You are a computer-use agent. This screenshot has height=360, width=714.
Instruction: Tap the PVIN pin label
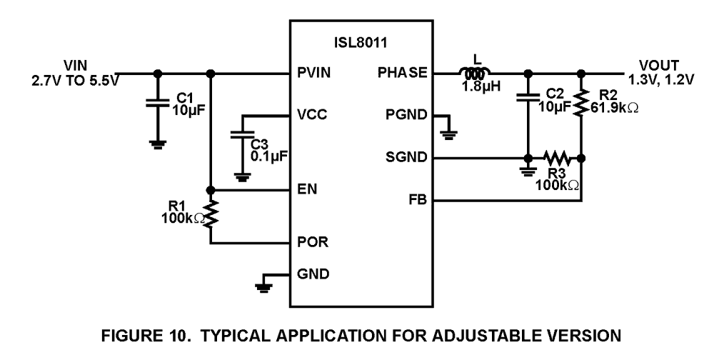point(314,73)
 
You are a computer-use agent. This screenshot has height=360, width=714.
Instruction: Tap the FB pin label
point(418,201)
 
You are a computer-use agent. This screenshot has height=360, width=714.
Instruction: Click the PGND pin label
point(408,115)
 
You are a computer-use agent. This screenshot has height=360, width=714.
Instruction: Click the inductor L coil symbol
point(471,73)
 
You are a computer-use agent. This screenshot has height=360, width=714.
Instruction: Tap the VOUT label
point(651,65)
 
